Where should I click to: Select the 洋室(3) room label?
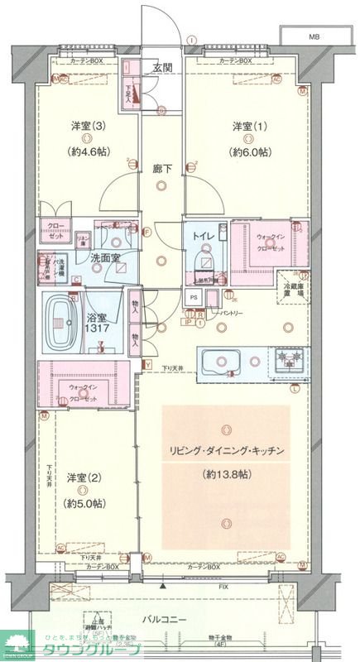(x=87, y=126)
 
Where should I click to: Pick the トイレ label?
(x=203, y=236)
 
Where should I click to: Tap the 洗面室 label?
(x=105, y=257)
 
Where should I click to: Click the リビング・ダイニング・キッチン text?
(x=228, y=451)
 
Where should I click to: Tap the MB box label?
(x=314, y=37)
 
